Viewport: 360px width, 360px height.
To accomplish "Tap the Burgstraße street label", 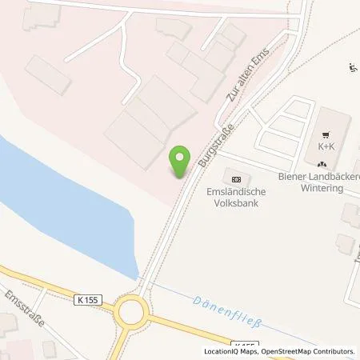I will (210, 146).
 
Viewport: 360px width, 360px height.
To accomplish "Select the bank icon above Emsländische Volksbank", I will (235, 178).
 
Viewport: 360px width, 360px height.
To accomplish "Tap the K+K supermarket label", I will (326, 146).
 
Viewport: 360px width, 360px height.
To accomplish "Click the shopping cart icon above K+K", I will (326, 134).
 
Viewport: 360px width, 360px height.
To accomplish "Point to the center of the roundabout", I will (131, 310).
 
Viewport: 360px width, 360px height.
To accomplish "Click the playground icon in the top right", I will (354, 68).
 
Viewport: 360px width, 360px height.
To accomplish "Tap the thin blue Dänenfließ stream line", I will (240, 300).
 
